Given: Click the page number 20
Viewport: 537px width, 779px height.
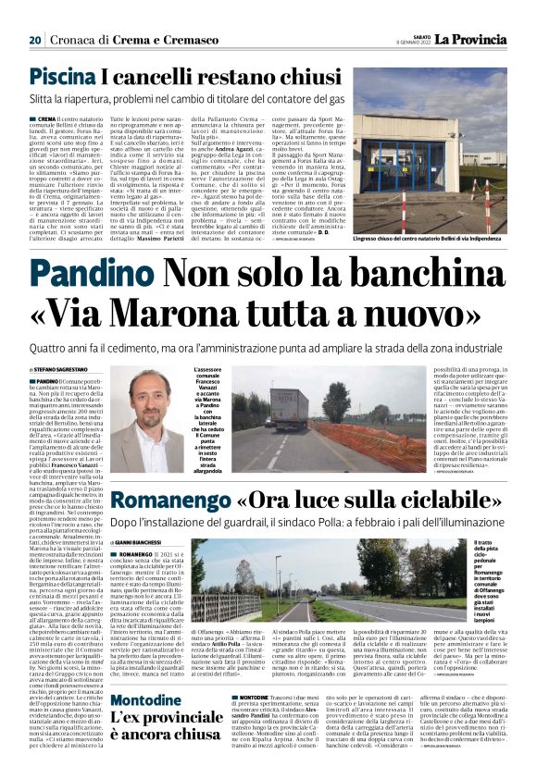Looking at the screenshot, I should coord(34,40).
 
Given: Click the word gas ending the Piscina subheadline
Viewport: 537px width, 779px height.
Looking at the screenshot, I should coord(423,99).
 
